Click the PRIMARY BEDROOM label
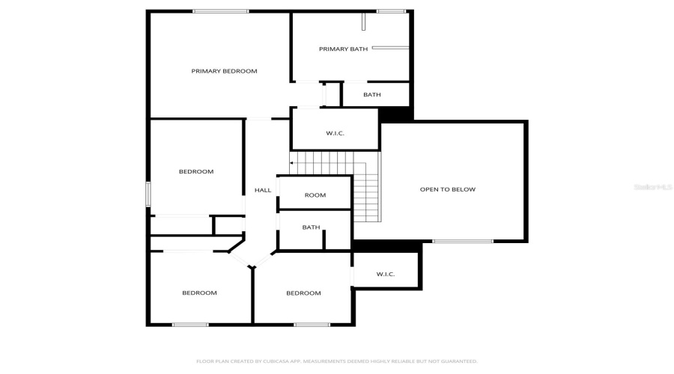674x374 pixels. (224, 71)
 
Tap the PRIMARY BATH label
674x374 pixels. (343, 49)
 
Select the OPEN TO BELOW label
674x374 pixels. (447, 189)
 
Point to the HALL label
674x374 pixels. (263, 190)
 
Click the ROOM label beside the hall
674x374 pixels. (315, 195)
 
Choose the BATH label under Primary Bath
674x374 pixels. (372, 95)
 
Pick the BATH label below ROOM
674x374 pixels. (311, 227)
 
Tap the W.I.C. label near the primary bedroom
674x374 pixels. (335, 133)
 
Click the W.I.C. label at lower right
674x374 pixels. (385, 275)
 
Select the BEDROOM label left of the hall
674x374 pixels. (196, 172)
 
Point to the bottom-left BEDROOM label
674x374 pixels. (199, 293)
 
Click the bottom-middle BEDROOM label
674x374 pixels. (303, 293)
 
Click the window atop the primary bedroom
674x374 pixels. (220, 11)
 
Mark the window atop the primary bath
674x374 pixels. (390, 11)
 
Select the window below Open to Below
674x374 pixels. (463, 241)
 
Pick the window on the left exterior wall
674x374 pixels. (148, 194)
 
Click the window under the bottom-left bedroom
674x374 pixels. (190, 325)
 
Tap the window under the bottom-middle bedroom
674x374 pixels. (312, 325)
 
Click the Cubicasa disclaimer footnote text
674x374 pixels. (336, 361)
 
